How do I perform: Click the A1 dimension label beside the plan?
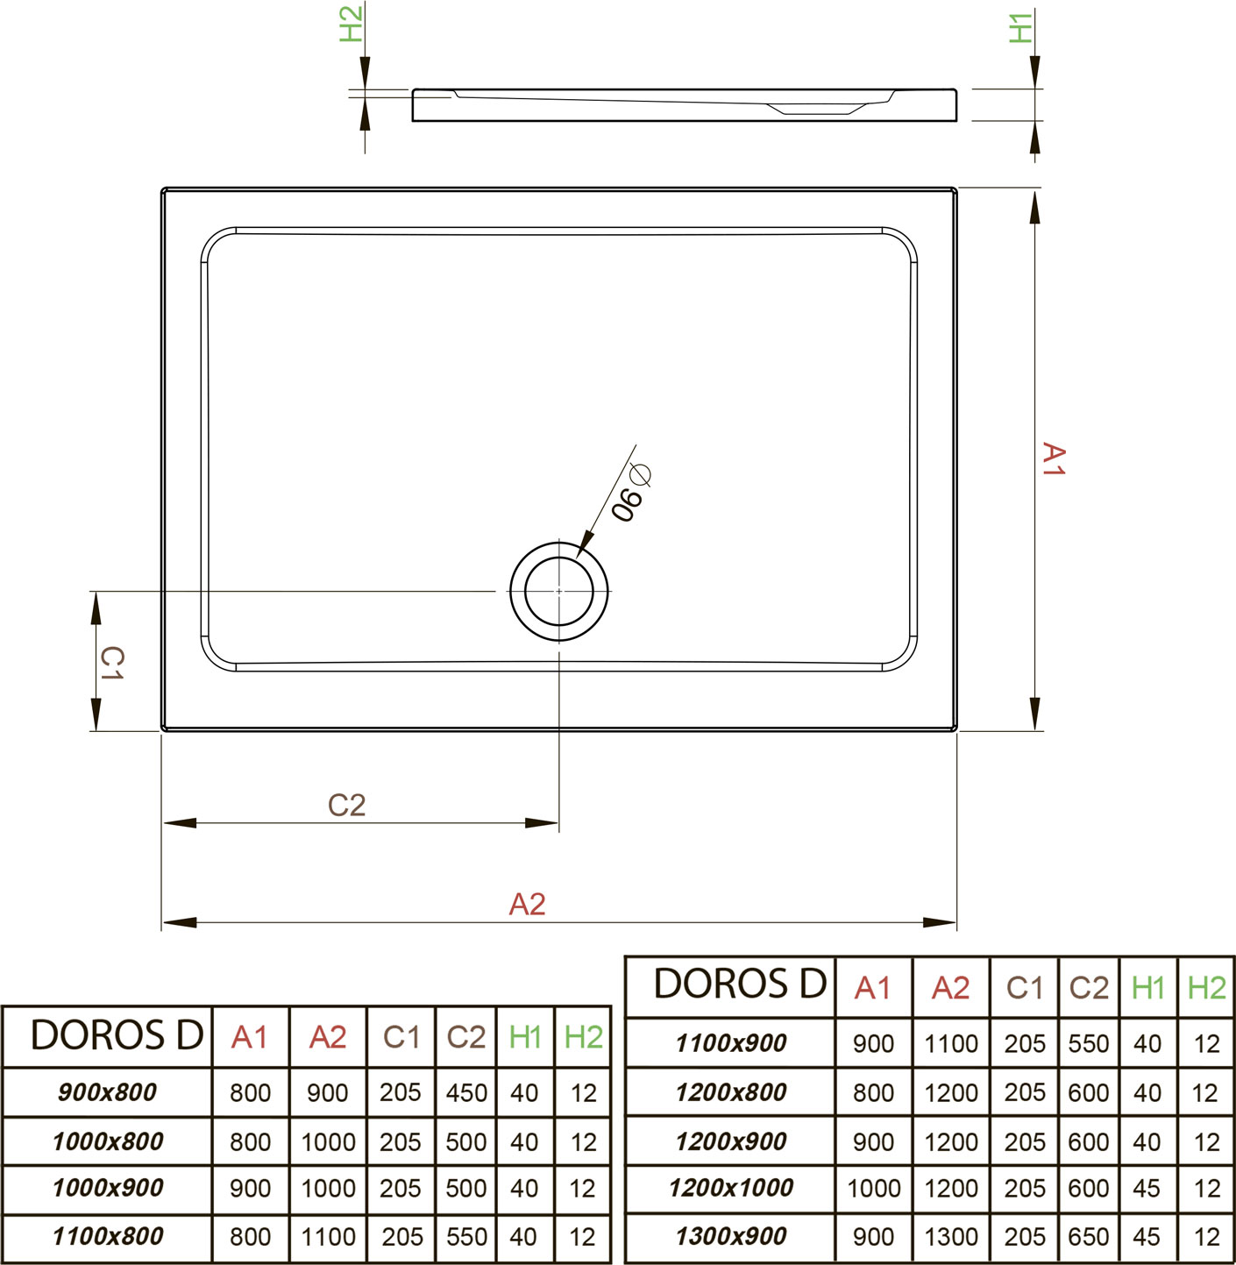click(x=1053, y=459)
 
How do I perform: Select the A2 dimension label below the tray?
click(x=527, y=904)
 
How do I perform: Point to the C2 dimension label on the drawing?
click(x=346, y=806)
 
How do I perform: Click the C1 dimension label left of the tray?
click(x=111, y=663)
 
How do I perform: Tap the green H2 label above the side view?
click(x=352, y=24)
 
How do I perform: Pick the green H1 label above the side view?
click(x=1020, y=28)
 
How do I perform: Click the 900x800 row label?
click(x=107, y=1092)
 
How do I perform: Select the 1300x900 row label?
click(x=731, y=1236)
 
